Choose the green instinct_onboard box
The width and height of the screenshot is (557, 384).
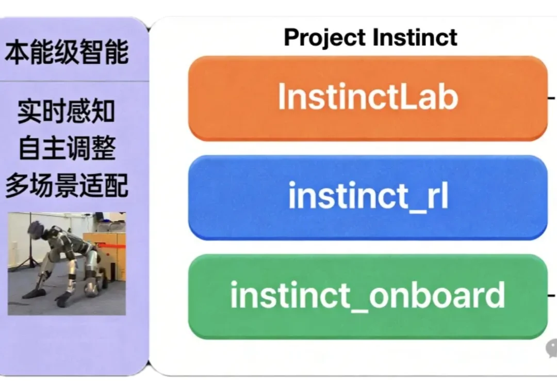(367, 295)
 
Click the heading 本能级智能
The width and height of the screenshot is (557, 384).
(67, 53)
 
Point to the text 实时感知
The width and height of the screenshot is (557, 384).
(67, 111)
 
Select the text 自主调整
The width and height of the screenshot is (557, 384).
(67, 149)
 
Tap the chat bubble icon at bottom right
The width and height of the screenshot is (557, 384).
(551, 349)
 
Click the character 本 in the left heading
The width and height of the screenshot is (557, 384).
(17, 53)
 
